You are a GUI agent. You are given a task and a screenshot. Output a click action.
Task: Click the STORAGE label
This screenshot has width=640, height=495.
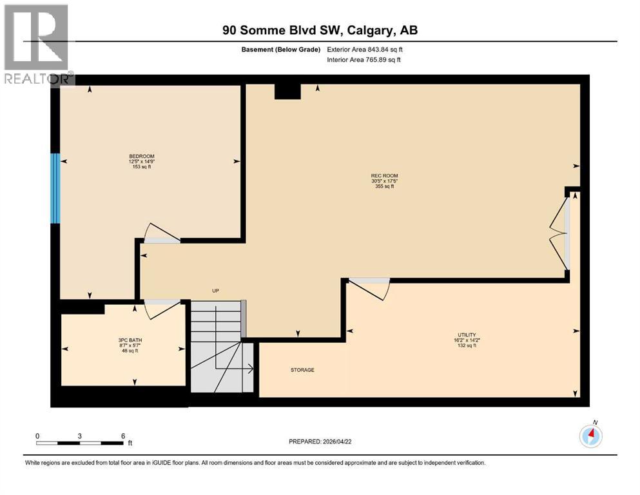coord(302,370)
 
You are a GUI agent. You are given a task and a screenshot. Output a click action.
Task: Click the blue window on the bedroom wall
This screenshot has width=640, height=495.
coord(55,188)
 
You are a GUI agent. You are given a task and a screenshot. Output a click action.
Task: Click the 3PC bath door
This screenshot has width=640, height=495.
coord(160,308)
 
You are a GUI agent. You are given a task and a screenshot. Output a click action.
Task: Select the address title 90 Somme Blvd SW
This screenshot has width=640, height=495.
coord(320,30)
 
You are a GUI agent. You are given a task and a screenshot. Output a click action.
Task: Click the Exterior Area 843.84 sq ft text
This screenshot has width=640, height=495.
coord(367,49)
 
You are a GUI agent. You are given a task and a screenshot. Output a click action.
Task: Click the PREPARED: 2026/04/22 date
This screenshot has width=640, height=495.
coord(320,442)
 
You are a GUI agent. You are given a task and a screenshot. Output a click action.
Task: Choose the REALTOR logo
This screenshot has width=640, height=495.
coord(37,43)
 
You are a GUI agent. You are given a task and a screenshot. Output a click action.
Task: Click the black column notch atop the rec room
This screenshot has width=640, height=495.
coord(287,91)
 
